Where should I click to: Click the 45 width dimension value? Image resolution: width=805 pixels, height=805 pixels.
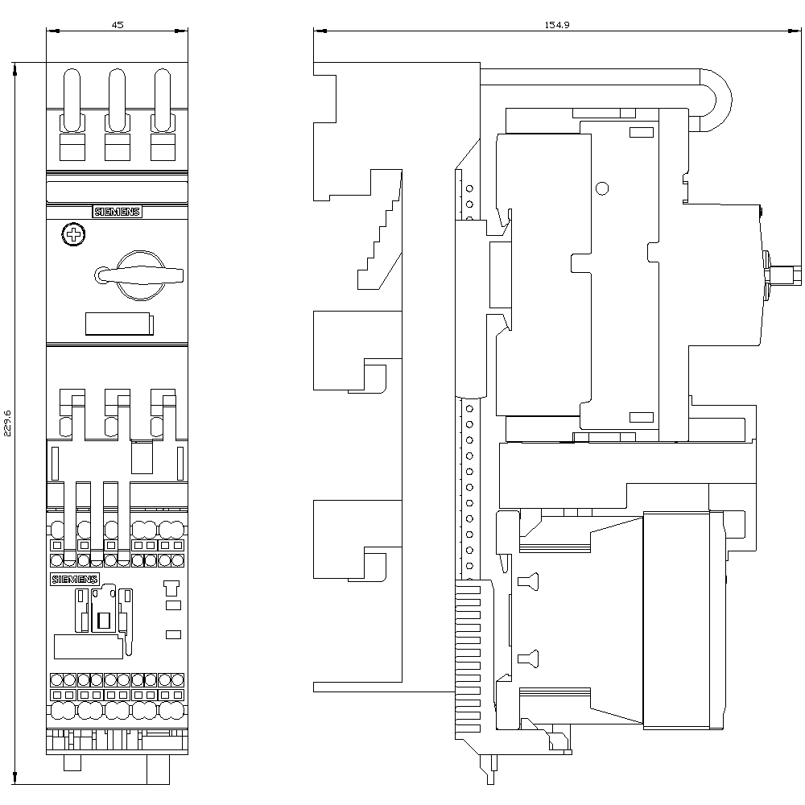click(118, 24)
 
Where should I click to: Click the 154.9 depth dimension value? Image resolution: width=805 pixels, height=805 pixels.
click(557, 24)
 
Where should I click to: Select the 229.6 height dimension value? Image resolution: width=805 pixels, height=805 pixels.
click(7, 423)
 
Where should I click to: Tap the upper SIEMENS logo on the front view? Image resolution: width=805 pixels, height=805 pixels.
click(117, 212)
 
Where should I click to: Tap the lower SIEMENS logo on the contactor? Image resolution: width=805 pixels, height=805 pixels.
click(74, 580)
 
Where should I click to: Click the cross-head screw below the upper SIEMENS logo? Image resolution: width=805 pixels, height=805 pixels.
click(73, 234)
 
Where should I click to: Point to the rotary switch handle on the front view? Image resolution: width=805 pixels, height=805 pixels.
click(138, 275)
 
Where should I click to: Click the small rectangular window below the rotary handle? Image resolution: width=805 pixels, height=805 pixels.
click(119, 324)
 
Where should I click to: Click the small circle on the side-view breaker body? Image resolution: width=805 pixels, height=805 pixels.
click(602, 188)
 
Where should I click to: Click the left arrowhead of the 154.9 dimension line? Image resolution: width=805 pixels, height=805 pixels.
click(320, 31)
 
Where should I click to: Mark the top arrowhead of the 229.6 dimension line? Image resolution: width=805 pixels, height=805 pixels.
click(14, 68)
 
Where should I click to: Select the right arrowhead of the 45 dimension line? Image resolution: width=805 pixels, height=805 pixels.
click(181, 31)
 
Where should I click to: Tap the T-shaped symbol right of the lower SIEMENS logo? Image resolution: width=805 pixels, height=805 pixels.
click(171, 588)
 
